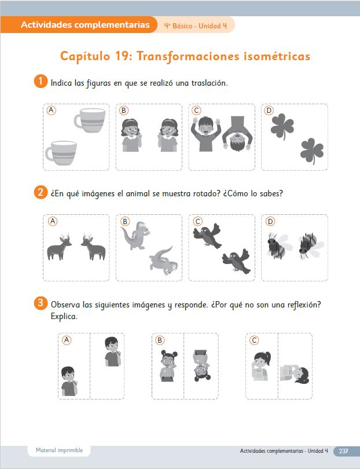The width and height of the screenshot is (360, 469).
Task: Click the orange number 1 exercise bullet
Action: (x=41, y=82)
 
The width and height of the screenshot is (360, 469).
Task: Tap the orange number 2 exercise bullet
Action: (x=41, y=192)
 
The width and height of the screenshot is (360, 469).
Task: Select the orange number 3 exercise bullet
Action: (x=41, y=303)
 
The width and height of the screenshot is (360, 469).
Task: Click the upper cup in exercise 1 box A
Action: (x=90, y=120)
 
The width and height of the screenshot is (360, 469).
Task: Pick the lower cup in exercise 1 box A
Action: (x=61, y=152)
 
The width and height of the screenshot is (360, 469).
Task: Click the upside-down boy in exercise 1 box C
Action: (x=237, y=133)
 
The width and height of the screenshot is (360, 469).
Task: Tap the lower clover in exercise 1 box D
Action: (x=312, y=151)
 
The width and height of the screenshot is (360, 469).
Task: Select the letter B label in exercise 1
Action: (x=123, y=111)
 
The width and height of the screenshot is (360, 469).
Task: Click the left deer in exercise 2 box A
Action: (x=59, y=247)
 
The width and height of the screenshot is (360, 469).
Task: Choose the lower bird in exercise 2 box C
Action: (x=236, y=261)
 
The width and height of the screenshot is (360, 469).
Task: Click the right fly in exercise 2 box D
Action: (x=311, y=246)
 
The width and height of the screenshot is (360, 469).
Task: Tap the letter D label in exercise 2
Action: (x=270, y=221)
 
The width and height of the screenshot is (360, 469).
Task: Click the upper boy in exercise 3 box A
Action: (x=113, y=352)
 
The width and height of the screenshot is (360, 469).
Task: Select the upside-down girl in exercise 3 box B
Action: (x=201, y=365)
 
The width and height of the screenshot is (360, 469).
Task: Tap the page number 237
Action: (x=344, y=450)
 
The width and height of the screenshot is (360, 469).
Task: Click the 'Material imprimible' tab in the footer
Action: (x=59, y=450)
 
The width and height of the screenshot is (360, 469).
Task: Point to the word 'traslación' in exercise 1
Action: (x=210, y=83)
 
